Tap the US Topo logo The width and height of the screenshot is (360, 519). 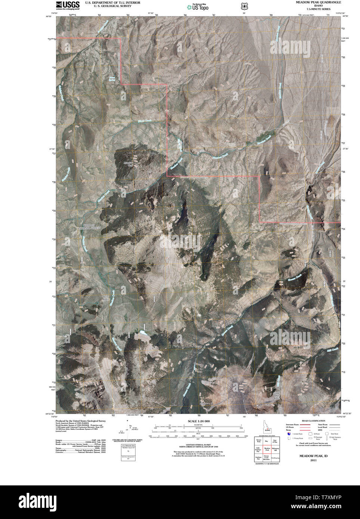point(198,6)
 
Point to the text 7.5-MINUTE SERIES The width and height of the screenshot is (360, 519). point(318,9)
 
